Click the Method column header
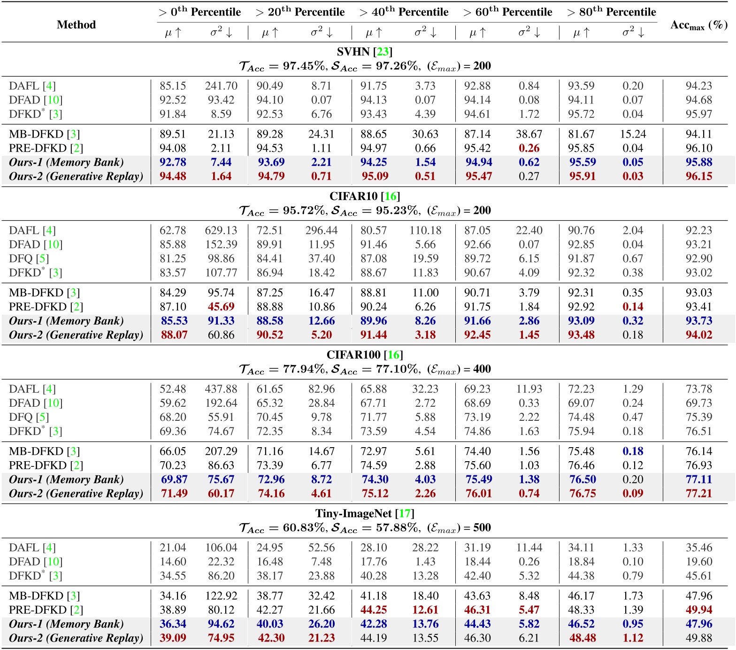tap(76, 24)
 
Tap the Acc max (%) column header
tap(698, 25)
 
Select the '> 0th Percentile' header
tap(200, 12)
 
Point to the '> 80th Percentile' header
tap(612, 12)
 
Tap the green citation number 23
tap(383, 52)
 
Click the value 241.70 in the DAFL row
tap(221, 86)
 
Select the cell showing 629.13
tap(221, 231)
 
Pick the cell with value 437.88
tap(221, 389)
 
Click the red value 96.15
tap(699, 177)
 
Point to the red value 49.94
tap(699, 610)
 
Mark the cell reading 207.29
tap(221, 451)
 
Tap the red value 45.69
tap(221, 307)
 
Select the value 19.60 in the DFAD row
tap(699, 562)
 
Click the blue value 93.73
tap(699, 321)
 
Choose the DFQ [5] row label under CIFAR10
tap(29, 259)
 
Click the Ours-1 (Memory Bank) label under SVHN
tap(66, 162)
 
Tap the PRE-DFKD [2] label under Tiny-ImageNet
tap(46, 610)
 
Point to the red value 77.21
tap(699, 494)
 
